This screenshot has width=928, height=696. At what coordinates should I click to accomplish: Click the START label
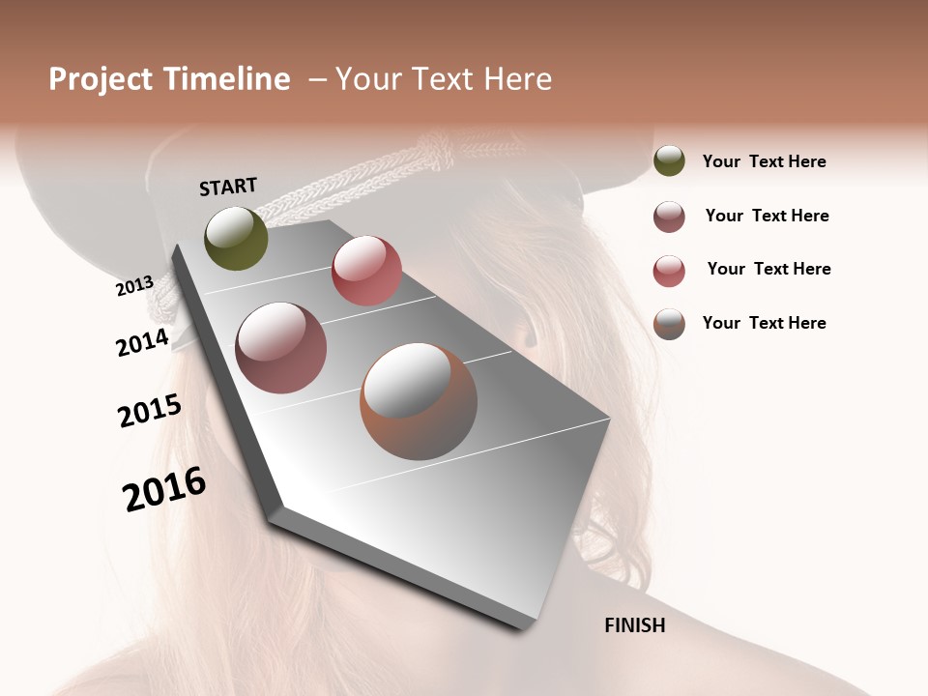(228, 187)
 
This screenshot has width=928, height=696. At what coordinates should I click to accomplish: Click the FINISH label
(634, 625)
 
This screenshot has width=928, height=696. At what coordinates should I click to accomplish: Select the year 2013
(135, 285)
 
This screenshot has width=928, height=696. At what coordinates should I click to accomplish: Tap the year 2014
(142, 342)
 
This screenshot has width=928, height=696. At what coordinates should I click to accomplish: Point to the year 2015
(150, 410)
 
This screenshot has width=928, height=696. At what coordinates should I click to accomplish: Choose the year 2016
(164, 489)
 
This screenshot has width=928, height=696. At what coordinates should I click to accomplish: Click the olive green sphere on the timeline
(236, 238)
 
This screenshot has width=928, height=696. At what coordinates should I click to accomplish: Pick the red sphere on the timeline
(366, 271)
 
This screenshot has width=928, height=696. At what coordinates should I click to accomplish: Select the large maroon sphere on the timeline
(281, 348)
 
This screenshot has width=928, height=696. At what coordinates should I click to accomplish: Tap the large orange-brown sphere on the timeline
(419, 401)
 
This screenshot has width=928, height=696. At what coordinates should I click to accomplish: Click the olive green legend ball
(669, 161)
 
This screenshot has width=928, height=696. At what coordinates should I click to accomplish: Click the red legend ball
(669, 271)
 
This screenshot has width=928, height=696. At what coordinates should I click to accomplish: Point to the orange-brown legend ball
(669, 324)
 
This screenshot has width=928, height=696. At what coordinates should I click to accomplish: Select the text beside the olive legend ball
(764, 161)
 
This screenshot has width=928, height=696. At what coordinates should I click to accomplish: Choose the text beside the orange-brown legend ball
(764, 323)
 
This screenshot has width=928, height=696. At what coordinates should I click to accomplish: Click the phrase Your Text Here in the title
(444, 79)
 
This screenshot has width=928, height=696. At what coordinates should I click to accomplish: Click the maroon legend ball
(669, 217)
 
